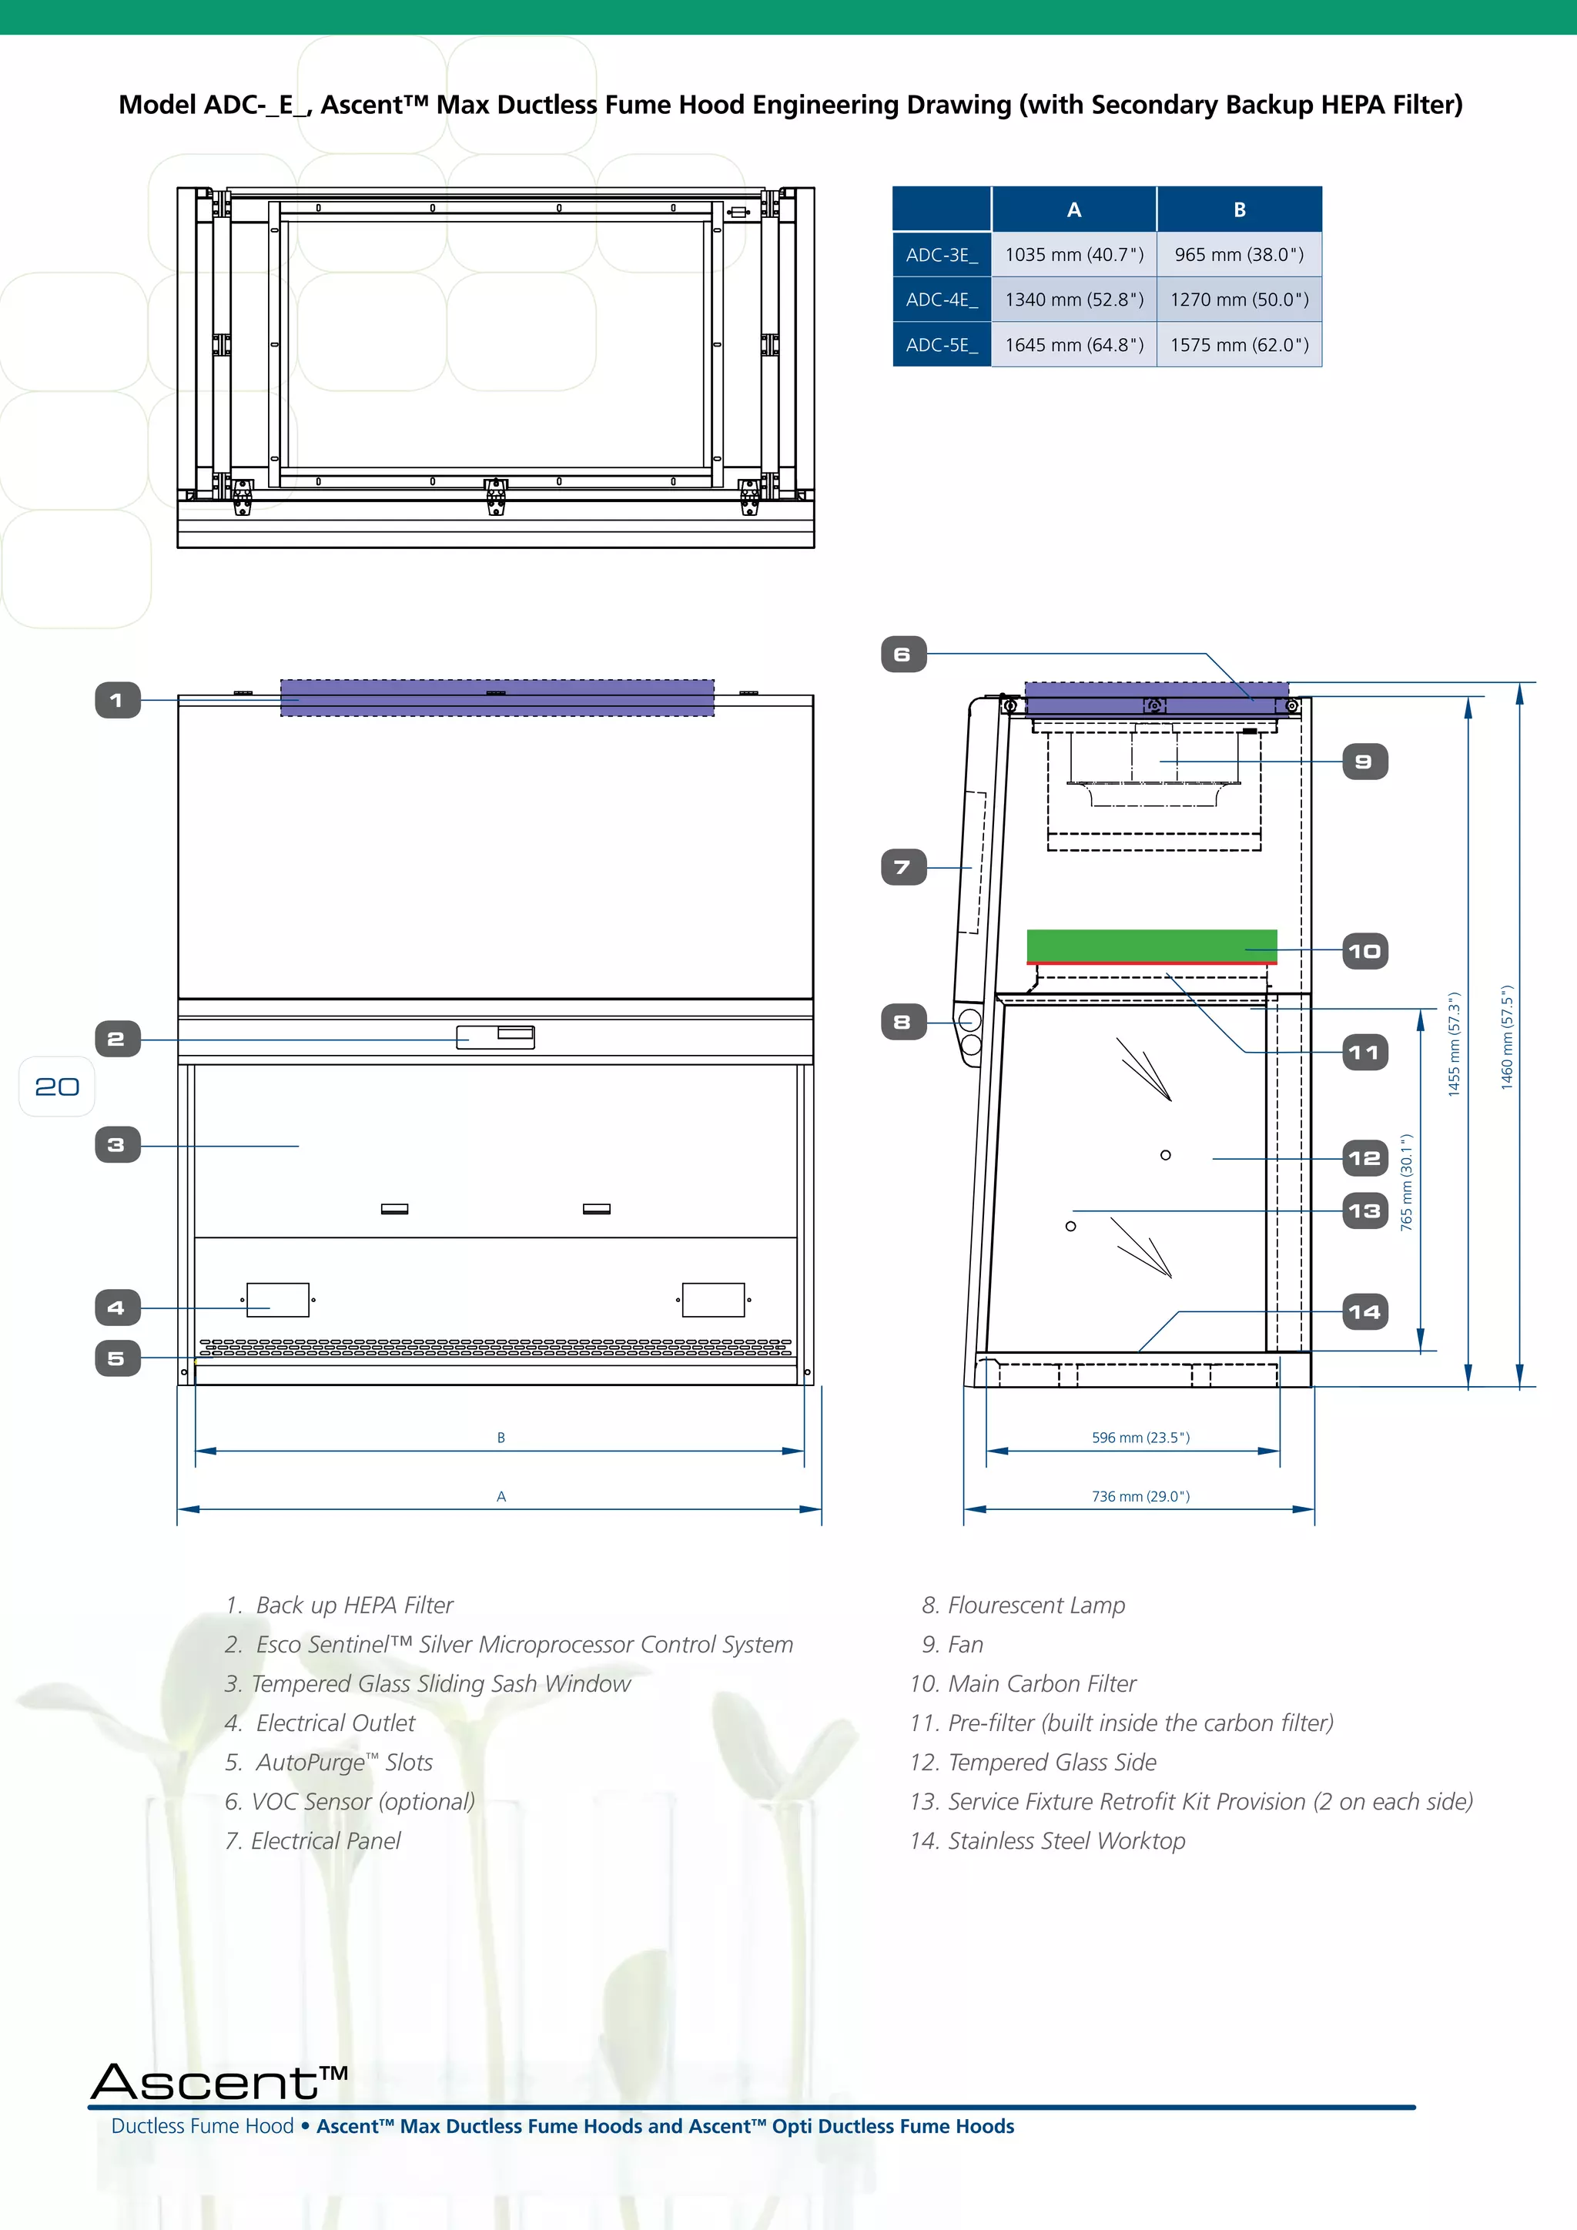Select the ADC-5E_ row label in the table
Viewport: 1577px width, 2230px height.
click(941, 345)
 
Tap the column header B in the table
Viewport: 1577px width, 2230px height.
click(1238, 209)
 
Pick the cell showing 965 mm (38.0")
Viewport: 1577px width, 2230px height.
click(1238, 254)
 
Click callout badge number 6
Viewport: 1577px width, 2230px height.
click(903, 655)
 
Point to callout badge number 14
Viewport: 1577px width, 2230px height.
click(1364, 1312)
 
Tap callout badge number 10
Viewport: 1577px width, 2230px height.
click(1364, 952)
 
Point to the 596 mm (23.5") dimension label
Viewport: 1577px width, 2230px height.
click(1140, 1438)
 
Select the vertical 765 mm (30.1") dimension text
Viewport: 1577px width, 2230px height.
click(1406, 1182)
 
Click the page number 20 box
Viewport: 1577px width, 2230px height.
click(57, 1087)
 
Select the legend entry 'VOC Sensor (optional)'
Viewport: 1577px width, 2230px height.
click(362, 1802)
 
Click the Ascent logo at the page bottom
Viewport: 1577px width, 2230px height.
click(219, 2081)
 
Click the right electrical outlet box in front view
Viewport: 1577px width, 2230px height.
click(713, 1300)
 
